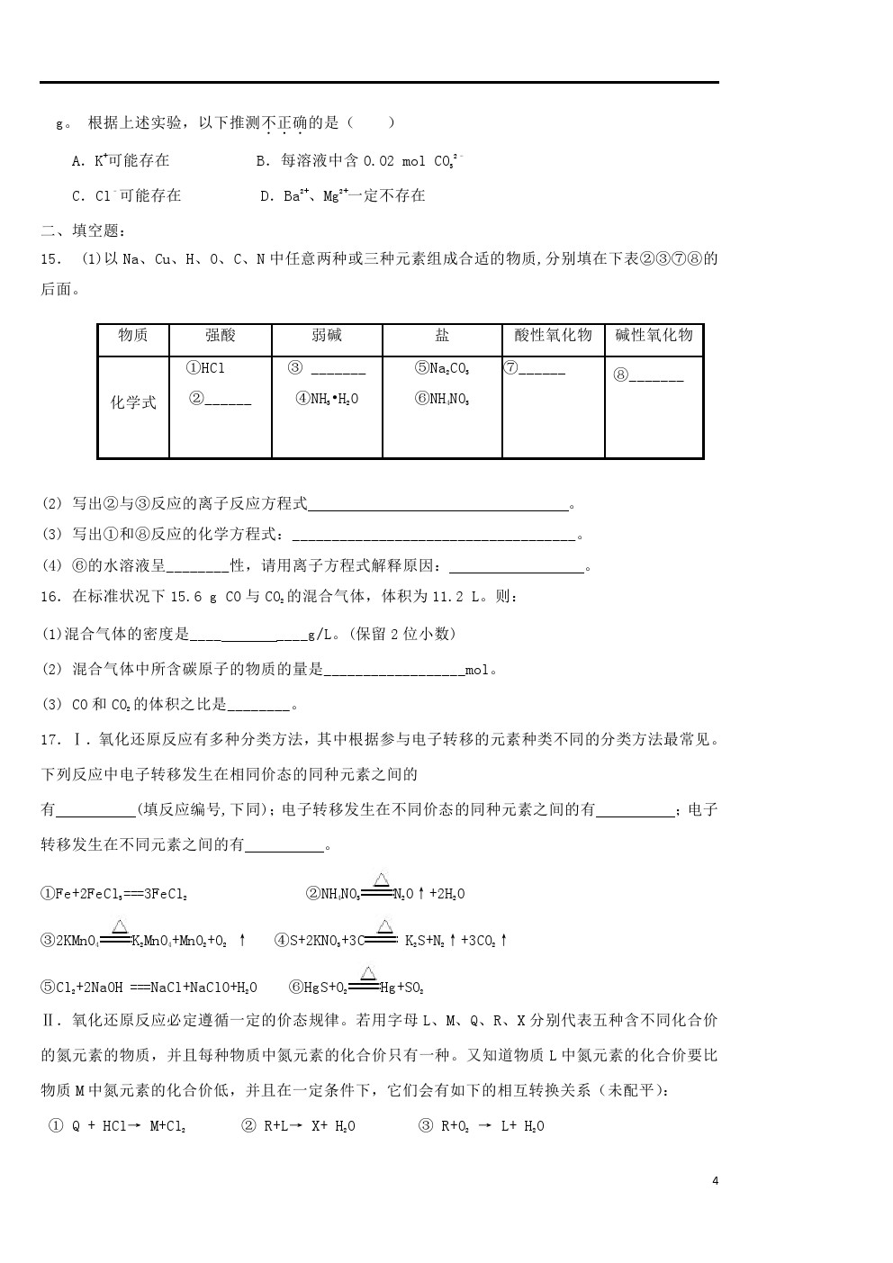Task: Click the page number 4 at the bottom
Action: point(715,1181)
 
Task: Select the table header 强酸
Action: point(221,336)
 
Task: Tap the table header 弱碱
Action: point(327,336)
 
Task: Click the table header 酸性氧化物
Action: point(553,336)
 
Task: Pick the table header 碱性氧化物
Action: point(654,336)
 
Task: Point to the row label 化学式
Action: point(133,402)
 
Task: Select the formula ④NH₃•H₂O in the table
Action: point(327,399)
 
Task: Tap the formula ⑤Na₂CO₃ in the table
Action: point(442,368)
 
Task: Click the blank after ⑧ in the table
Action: point(656,376)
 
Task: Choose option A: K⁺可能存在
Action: point(121,160)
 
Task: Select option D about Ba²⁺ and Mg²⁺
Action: point(342,195)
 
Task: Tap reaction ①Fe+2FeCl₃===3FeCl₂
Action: point(114,894)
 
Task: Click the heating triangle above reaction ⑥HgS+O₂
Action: point(368,972)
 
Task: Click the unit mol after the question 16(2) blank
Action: point(477,669)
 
